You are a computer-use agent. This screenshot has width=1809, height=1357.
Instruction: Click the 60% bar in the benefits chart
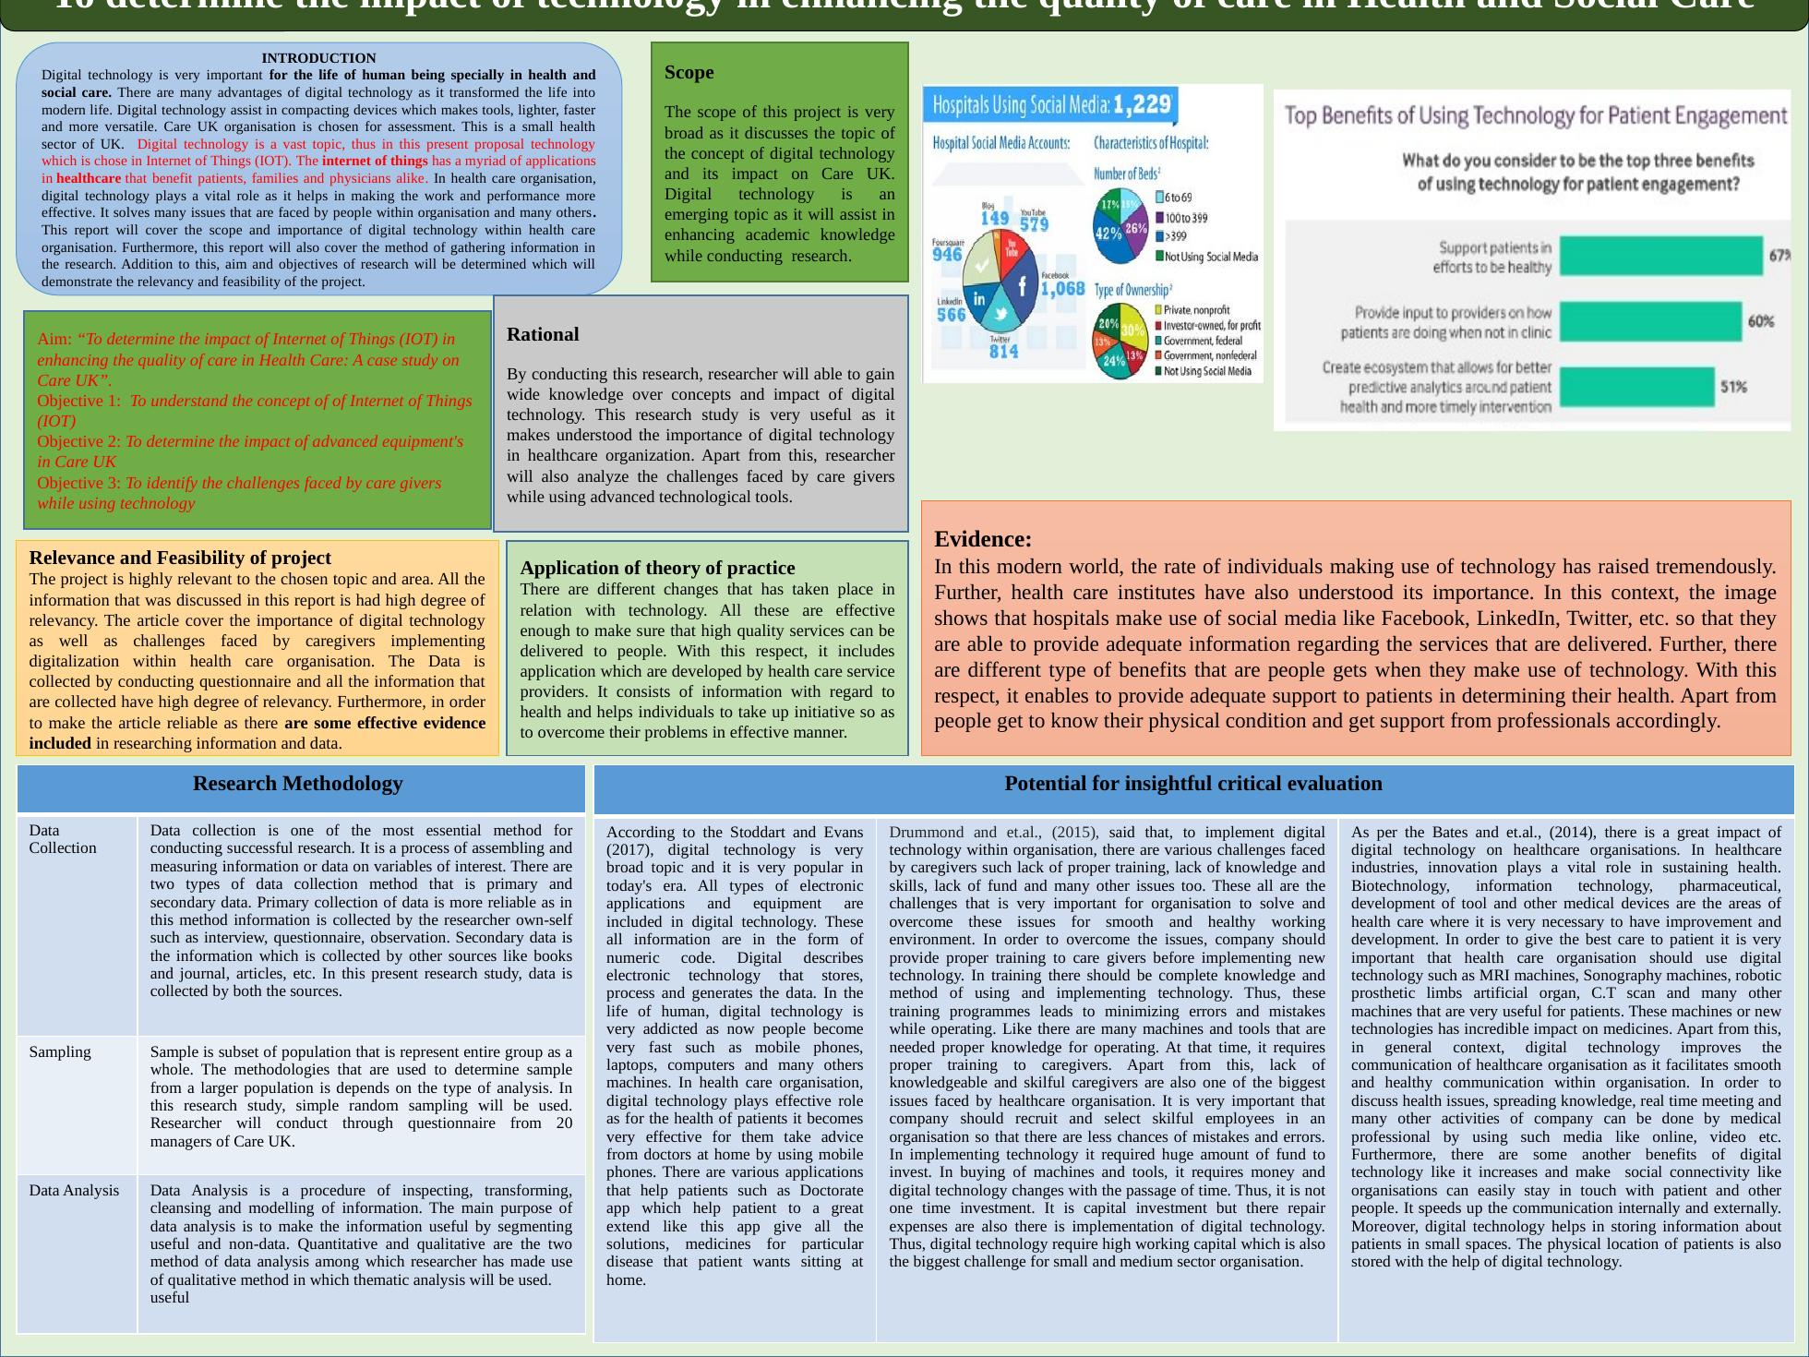point(1650,321)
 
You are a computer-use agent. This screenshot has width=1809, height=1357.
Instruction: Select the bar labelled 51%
point(1636,387)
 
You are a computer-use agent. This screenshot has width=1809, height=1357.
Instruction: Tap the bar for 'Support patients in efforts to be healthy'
point(1660,256)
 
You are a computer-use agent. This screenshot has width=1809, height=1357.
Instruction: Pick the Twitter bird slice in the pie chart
point(1000,315)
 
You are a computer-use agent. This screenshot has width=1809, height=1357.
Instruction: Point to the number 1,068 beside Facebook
point(1062,289)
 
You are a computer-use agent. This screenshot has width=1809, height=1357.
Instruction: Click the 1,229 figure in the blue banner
point(1142,104)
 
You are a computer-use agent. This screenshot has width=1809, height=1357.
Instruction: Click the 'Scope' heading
point(689,72)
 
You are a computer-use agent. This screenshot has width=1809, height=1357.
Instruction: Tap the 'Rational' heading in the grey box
point(543,334)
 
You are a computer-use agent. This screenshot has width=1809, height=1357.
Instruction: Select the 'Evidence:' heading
point(983,539)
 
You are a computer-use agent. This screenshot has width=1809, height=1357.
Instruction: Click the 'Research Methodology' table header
point(297,784)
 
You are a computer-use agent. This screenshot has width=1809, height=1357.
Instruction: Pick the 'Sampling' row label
point(60,1051)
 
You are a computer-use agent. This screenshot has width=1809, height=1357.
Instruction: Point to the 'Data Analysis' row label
point(74,1190)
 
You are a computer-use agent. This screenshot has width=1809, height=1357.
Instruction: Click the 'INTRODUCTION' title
point(318,58)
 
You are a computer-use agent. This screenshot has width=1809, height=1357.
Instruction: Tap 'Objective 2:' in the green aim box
point(78,441)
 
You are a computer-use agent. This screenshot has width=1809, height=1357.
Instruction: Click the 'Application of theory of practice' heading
point(657,568)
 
